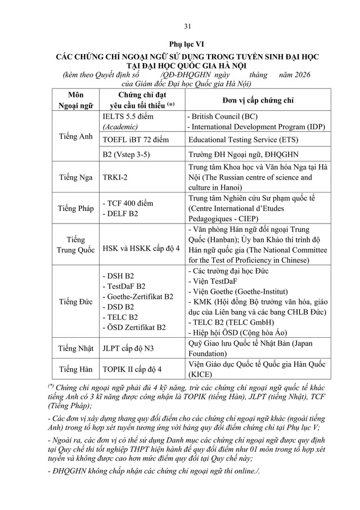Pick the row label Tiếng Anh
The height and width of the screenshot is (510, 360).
point(74,136)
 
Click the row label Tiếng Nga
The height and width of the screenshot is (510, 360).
point(74,177)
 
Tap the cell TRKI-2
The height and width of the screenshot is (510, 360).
point(115,177)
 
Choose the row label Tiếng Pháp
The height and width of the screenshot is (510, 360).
point(74,208)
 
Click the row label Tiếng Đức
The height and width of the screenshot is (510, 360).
point(74,302)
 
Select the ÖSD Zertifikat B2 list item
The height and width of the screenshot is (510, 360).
point(134,327)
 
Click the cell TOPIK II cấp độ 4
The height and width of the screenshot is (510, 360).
point(132,370)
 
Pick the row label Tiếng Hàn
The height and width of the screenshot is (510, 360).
point(74,370)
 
